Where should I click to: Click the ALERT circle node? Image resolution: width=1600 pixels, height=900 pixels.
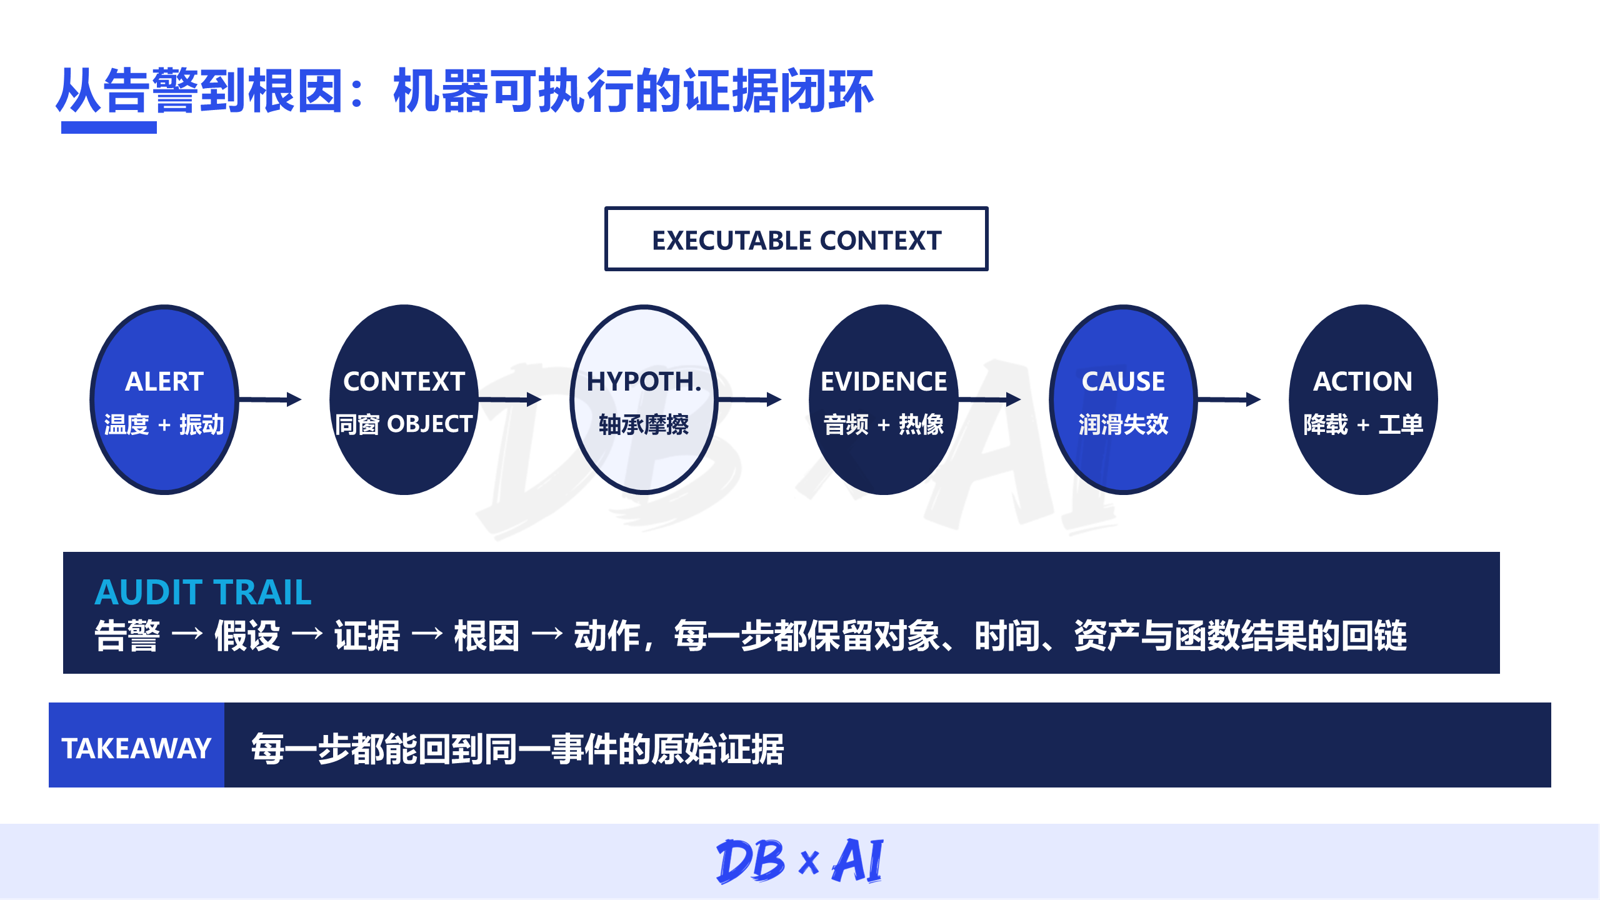pos(164,399)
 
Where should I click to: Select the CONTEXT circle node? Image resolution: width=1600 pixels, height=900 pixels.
pos(404,399)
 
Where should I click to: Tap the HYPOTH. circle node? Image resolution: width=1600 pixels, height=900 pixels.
pos(644,399)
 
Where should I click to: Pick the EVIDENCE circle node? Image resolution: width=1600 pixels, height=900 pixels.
pos(884,399)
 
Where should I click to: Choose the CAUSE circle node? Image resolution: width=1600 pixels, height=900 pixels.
pos(1123,399)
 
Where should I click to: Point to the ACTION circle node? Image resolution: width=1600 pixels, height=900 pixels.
pos(1363,399)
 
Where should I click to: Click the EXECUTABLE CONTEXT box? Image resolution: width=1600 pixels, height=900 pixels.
pos(796,239)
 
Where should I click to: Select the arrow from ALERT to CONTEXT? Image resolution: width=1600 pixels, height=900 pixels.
pos(271,399)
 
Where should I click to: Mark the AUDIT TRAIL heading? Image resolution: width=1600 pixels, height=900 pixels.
pos(203,592)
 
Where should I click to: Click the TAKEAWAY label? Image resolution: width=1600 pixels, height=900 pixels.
pos(136,747)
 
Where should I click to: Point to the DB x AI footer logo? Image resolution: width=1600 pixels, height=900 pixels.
pos(800,861)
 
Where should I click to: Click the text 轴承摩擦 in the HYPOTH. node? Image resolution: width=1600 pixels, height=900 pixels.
pos(644,424)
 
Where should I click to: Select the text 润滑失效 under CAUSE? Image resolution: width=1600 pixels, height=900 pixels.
pos(1123,424)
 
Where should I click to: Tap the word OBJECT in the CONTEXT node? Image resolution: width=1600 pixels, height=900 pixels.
pos(430,424)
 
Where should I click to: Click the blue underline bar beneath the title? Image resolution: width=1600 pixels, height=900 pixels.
pos(109,127)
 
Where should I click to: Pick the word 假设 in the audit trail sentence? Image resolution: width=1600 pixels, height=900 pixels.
pos(247,636)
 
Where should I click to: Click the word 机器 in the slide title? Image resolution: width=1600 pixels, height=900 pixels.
pos(440,91)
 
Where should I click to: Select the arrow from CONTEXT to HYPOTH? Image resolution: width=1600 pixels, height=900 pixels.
pos(510,399)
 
